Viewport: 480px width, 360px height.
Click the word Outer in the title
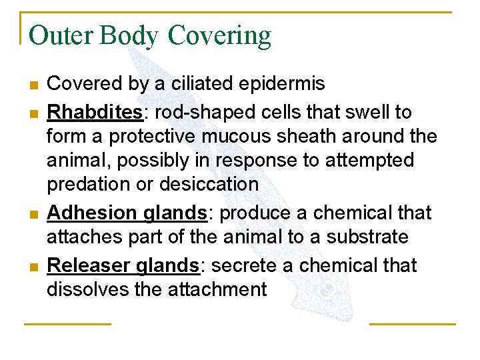(x=61, y=35)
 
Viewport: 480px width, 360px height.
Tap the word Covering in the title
(x=219, y=36)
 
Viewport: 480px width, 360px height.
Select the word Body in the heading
(x=130, y=36)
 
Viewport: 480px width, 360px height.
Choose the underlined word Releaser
(x=90, y=265)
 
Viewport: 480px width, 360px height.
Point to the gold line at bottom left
(x=67, y=324)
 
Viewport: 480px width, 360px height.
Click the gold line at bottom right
(x=412, y=324)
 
